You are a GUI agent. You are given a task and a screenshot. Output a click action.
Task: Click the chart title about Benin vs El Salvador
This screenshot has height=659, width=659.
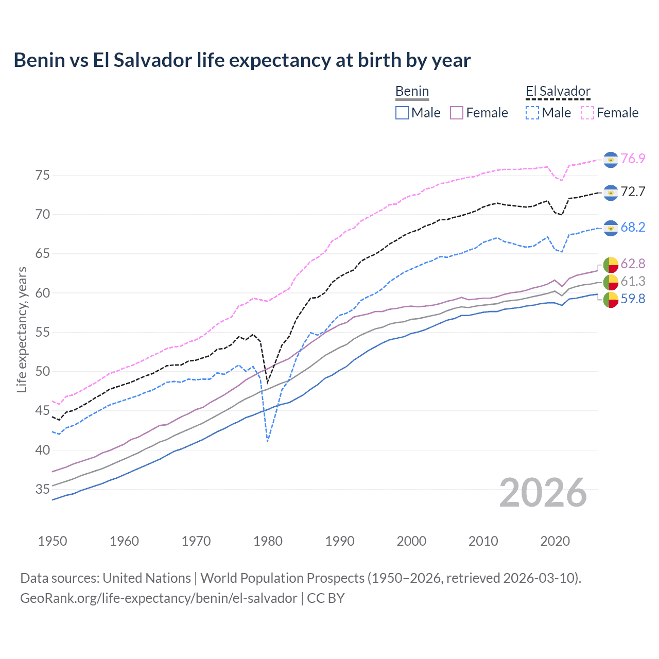[x=242, y=60]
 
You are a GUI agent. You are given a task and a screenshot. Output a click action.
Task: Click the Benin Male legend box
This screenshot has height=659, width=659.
[x=402, y=113]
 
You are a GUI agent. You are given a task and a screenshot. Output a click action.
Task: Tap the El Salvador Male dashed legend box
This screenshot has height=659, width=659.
[x=532, y=113]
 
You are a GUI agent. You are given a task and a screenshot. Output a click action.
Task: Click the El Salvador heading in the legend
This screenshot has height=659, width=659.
[x=558, y=92]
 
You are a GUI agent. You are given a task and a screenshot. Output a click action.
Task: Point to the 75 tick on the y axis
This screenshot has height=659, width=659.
[x=43, y=175]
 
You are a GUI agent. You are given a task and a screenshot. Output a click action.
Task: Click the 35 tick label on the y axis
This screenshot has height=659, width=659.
[x=43, y=489]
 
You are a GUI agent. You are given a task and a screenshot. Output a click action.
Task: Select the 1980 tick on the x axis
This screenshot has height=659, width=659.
[x=268, y=541]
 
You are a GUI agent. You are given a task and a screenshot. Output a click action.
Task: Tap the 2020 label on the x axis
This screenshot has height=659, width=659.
[x=555, y=541]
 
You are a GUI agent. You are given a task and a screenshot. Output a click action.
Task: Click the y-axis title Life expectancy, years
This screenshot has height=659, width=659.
[x=22, y=329]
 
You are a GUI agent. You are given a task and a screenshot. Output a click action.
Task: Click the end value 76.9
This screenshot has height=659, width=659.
[x=633, y=159]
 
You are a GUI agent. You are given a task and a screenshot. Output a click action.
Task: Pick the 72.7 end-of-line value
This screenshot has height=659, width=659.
[x=633, y=192]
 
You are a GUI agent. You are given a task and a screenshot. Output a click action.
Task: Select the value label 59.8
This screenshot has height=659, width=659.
[x=633, y=299]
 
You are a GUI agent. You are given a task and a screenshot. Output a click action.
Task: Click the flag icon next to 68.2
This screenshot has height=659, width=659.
[x=611, y=228]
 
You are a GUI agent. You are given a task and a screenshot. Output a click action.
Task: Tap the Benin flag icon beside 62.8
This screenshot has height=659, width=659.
[x=611, y=264]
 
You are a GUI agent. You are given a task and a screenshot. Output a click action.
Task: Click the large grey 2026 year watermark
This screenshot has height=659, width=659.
[x=543, y=493]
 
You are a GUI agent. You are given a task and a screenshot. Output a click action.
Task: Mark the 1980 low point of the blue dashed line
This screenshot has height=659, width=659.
[x=268, y=441]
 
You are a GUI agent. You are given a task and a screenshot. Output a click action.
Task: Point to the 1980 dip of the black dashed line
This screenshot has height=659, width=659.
[x=267, y=383]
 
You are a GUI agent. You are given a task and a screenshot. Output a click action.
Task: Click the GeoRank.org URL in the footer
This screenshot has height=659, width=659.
[x=159, y=598]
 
